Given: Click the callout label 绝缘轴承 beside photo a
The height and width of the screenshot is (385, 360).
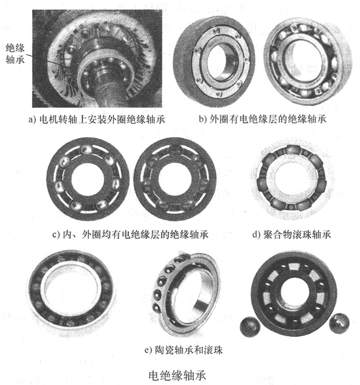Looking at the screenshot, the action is (x=15, y=54).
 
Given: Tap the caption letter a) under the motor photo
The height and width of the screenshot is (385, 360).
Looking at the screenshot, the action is (x=32, y=120).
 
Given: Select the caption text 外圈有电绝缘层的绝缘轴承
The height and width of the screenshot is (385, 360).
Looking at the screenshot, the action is (x=268, y=119).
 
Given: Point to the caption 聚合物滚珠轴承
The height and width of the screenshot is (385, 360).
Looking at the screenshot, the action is (x=297, y=234).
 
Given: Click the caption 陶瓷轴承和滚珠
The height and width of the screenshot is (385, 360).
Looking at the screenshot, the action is (x=189, y=350).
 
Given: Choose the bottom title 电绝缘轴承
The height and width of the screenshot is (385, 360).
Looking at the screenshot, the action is (x=177, y=376).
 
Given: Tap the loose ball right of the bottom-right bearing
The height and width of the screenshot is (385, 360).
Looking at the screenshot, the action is (x=339, y=323).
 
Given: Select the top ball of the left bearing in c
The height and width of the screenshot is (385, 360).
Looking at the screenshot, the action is (x=87, y=149).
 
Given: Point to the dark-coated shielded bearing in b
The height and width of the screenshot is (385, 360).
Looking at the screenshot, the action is (x=214, y=61).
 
